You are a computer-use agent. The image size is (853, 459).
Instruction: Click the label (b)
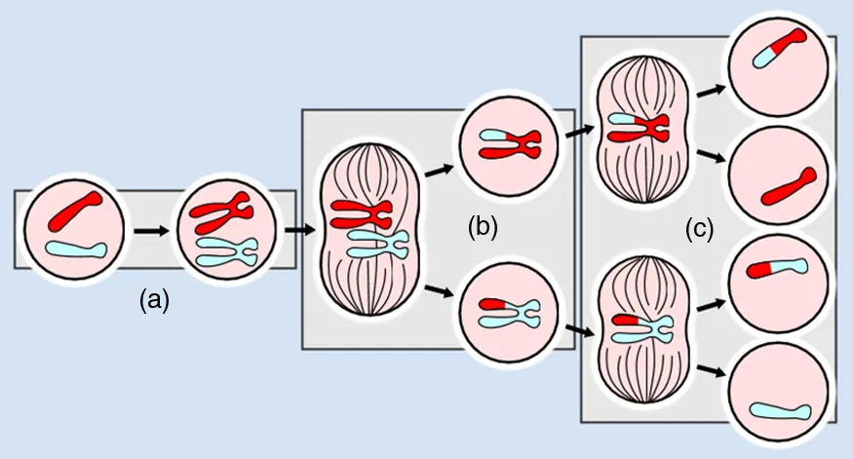point(482,227)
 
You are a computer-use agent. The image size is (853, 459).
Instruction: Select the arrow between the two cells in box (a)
point(151,232)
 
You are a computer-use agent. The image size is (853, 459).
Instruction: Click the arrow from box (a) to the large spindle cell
point(299,231)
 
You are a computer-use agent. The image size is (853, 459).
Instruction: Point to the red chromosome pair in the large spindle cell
point(360,211)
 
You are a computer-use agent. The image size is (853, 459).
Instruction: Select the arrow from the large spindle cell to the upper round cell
point(440,168)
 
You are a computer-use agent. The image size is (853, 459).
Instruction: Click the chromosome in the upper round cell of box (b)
point(508,144)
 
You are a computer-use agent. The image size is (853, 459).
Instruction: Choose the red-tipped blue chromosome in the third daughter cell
point(777,268)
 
